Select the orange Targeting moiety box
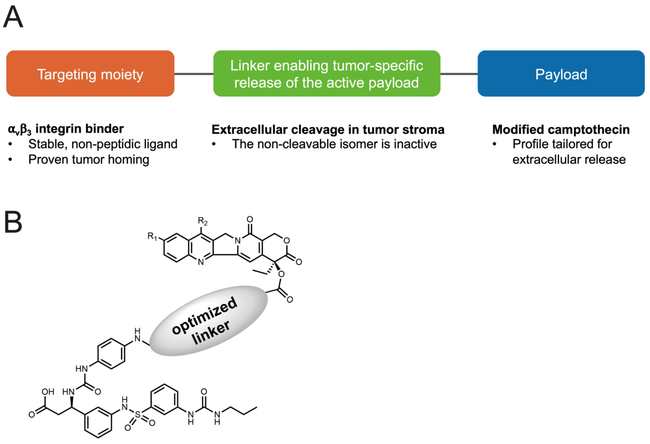[x=90, y=73]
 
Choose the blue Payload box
[x=561, y=73]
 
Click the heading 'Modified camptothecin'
[x=561, y=129]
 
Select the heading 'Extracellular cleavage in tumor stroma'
[x=328, y=129]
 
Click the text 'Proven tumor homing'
[x=89, y=160]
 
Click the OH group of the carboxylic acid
[x=48, y=392]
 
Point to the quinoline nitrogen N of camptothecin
[x=201, y=262]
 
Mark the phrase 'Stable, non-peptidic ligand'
[x=103, y=144]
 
